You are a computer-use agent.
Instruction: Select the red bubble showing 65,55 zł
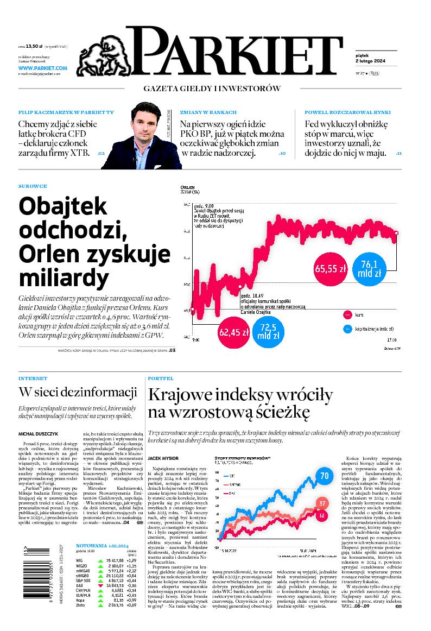(x=330, y=268)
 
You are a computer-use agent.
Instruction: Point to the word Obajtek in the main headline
(x=64, y=207)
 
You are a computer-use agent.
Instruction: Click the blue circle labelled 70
(x=325, y=476)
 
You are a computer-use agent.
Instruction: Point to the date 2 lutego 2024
(x=363, y=60)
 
